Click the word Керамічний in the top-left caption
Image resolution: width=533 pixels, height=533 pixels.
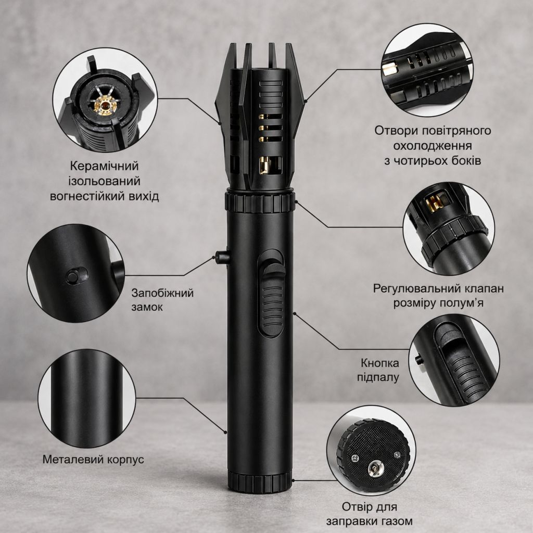[x=104, y=166]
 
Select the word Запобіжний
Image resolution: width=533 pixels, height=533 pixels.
[x=162, y=293]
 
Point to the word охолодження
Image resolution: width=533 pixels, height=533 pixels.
[x=433, y=146]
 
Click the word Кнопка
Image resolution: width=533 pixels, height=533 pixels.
[x=379, y=363]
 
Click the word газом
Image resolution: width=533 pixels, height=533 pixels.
[x=395, y=521]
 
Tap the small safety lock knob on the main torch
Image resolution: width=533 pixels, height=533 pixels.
[x=222, y=257]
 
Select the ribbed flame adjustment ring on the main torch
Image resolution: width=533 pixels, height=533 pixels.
[x=259, y=202]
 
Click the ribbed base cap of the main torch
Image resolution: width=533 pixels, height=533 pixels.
[x=260, y=481]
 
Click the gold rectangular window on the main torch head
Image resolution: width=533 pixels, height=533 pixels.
[x=263, y=166]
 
